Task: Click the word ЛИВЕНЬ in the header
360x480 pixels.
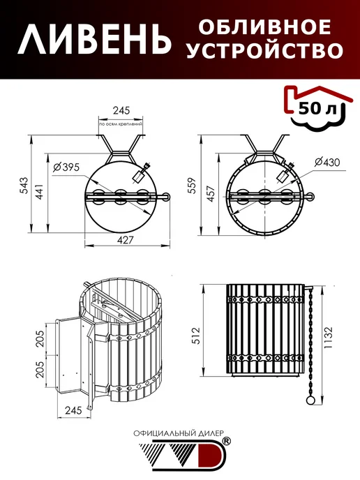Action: (x=95, y=39)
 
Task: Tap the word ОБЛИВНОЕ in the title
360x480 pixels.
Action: (x=265, y=27)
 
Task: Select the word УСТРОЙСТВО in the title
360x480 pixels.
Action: (x=265, y=50)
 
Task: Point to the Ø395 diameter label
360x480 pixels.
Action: (x=66, y=167)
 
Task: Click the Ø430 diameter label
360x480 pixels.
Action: (x=327, y=162)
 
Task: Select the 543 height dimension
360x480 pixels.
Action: (x=24, y=185)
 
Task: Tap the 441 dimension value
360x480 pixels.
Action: (x=40, y=191)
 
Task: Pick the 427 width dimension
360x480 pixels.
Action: (x=126, y=240)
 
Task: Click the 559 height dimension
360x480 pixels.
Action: (x=193, y=185)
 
